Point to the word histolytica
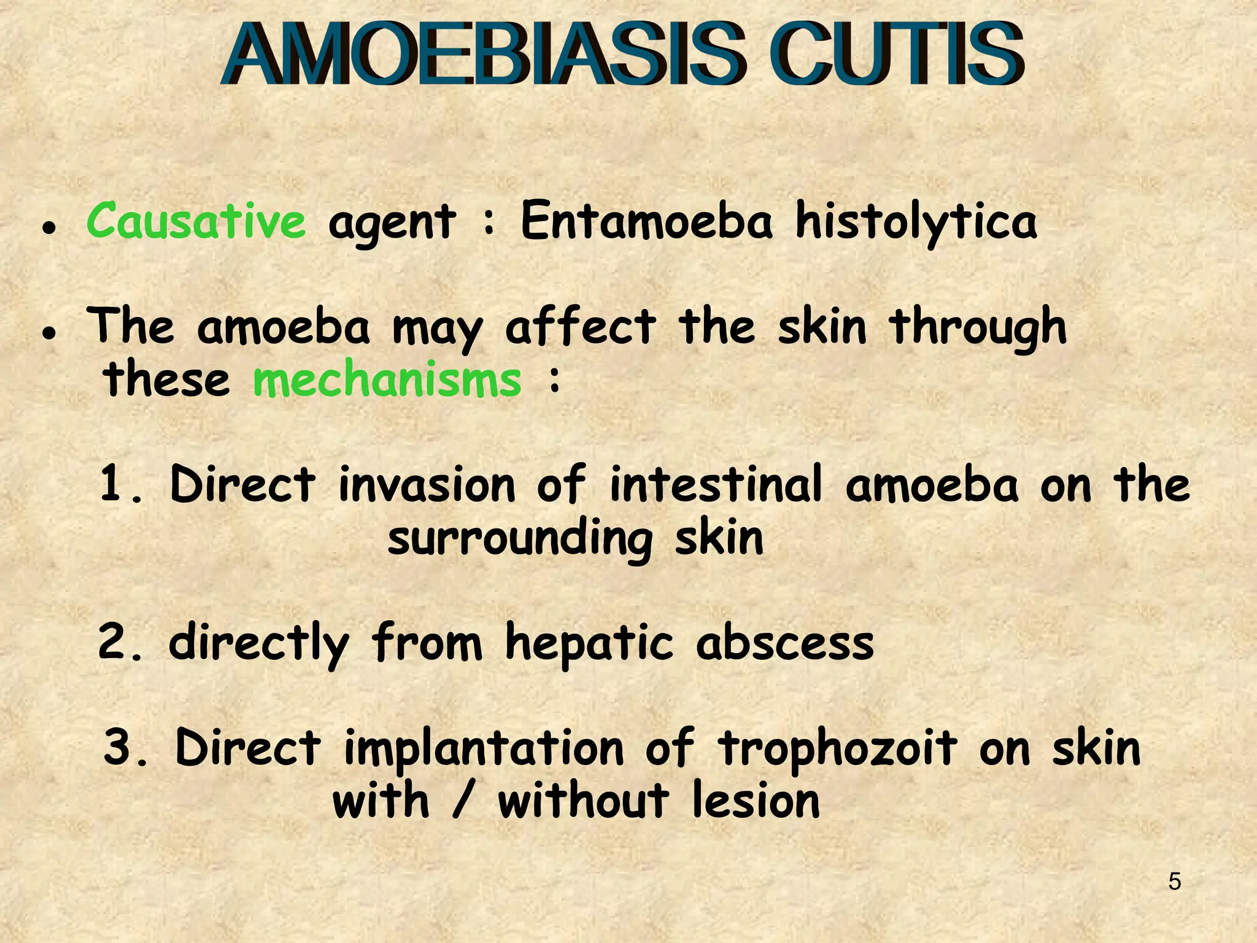(x=916, y=222)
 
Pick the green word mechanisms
(x=387, y=379)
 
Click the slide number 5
(x=1174, y=882)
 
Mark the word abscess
(x=785, y=643)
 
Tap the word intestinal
(x=715, y=484)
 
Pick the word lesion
(x=756, y=801)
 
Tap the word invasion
(x=427, y=484)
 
